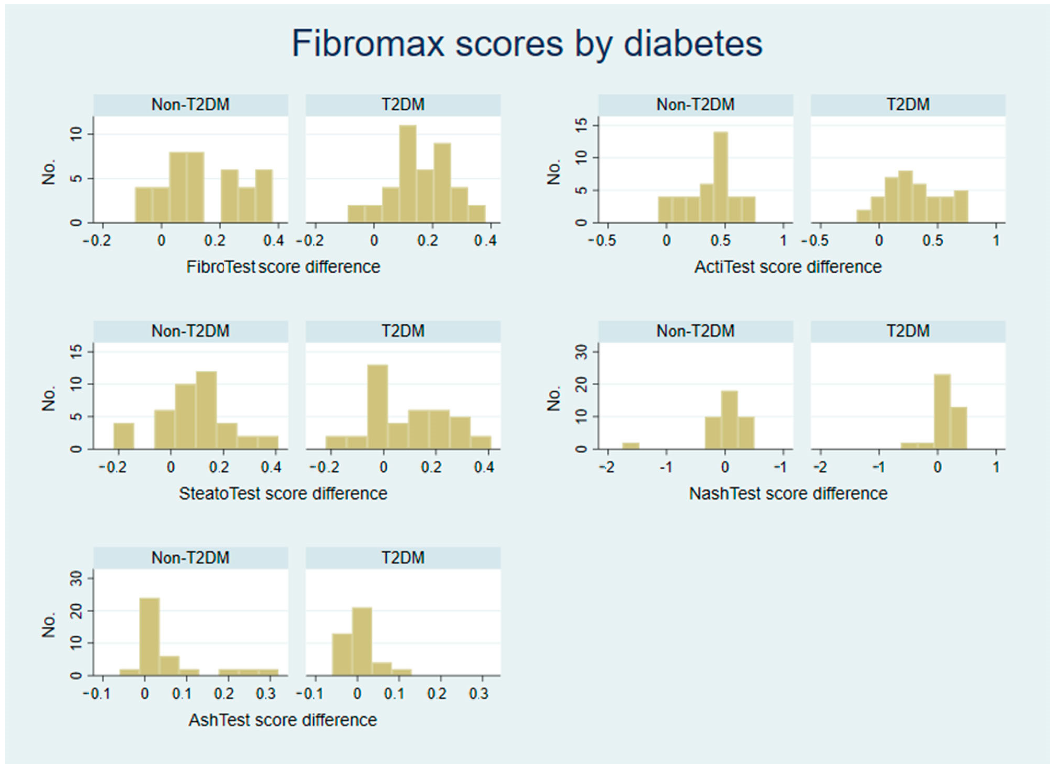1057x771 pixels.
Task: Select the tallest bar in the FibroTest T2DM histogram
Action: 408,174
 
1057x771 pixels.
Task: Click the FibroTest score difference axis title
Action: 283,267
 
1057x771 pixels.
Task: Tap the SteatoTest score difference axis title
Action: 283,493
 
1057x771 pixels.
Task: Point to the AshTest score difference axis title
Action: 283,720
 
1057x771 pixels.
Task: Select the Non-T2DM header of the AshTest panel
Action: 190,558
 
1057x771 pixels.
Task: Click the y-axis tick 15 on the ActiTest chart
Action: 580,125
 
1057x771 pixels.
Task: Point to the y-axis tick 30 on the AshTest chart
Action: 75,579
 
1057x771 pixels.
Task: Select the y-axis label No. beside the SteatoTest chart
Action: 49,398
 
